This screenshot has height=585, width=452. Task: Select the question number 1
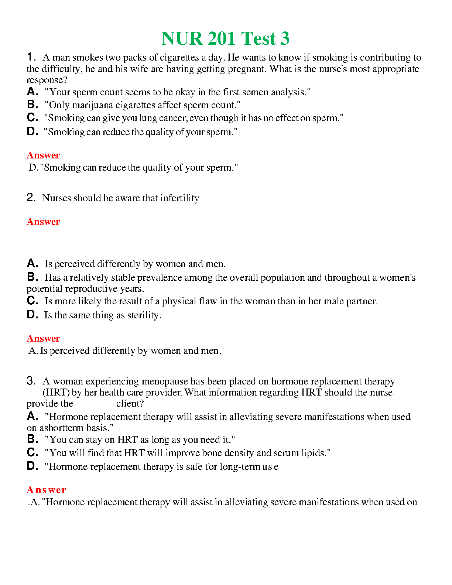(30, 57)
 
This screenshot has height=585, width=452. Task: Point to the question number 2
(31, 198)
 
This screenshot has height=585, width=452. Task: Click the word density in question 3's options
(240, 453)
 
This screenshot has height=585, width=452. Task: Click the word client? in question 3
(130, 404)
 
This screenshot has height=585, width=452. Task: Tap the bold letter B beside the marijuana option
(32, 105)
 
